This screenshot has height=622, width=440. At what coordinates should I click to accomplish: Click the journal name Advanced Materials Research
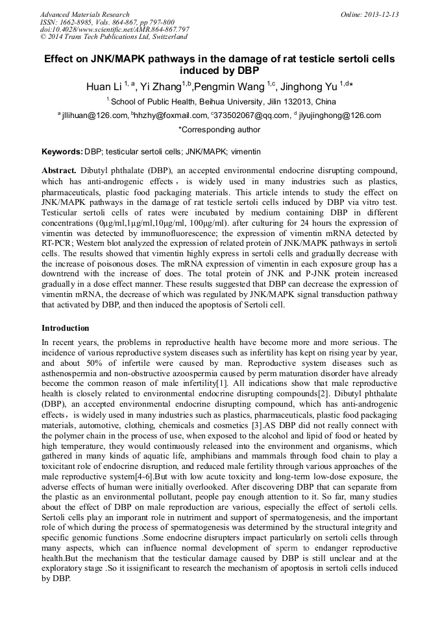click(x=84, y=14)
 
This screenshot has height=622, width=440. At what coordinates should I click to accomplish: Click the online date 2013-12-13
click(x=380, y=14)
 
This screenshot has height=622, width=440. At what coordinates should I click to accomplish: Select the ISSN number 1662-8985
click(x=79, y=22)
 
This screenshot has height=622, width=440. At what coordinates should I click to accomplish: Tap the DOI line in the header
click(x=114, y=30)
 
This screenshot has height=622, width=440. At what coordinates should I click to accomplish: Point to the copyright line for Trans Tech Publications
click(x=114, y=38)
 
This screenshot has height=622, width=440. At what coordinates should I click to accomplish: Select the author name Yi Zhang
click(x=160, y=86)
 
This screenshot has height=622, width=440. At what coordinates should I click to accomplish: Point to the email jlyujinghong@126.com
click(x=340, y=115)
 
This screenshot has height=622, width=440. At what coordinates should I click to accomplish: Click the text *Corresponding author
click(x=219, y=130)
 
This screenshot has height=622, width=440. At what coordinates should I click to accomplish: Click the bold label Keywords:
click(x=62, y=152)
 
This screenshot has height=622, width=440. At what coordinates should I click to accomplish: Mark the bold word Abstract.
click(x=58, y=170)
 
